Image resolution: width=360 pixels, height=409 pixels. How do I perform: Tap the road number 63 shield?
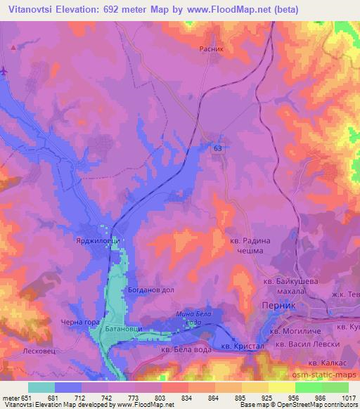[x=218, y=146]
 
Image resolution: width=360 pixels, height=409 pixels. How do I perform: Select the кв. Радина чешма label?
[x=250, y=245]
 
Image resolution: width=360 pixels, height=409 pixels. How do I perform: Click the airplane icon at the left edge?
[x=4, y=70]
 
